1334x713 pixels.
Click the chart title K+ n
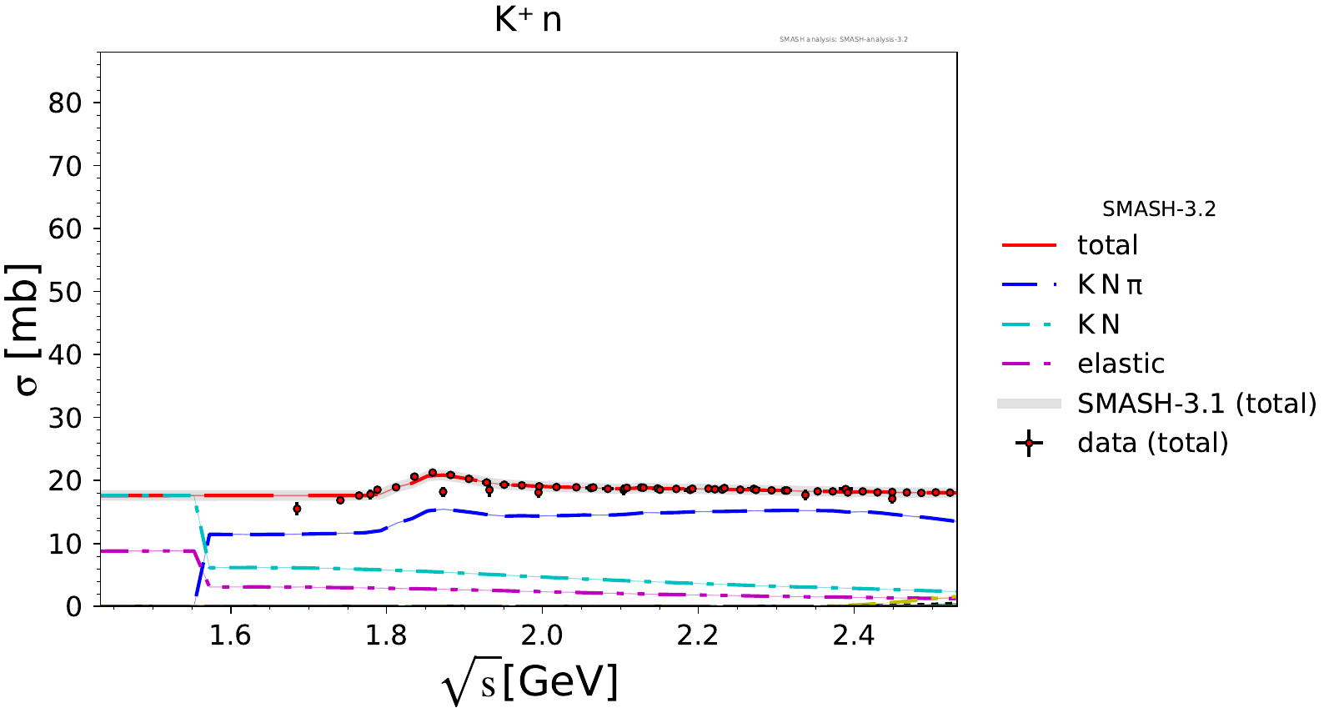(528, 20)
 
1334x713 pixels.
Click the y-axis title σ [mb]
(25, 329)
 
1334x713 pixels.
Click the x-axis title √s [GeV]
(530, 683)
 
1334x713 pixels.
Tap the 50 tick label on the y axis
(65, 292)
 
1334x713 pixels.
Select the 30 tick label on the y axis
(65, 418)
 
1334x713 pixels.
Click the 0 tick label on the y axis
(74, 606)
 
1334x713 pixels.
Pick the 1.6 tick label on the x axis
(229, 635)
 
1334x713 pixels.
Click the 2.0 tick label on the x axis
(542, 635)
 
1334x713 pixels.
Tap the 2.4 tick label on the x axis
(854, 635)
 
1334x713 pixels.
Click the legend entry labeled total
(1107, 245)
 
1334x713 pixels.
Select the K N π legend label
(1110, 285)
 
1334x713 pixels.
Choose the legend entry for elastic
(1121, 364)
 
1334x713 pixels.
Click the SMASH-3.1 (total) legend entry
(1196, 404)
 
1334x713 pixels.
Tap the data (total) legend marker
(1029, 443)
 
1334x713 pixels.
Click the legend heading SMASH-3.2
(1159, 209)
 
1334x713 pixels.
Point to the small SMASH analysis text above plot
(843, 39)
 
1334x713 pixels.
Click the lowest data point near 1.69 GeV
(297, 509)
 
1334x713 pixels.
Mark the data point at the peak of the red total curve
(433, 473)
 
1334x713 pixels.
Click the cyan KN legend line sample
(1029, 324)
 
